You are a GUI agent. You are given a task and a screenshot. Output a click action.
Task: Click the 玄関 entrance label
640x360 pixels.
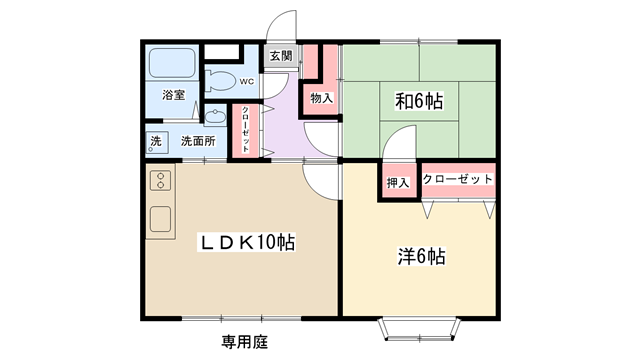tap(281, 56)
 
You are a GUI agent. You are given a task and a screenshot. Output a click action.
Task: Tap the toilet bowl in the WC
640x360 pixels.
tap(220, 80)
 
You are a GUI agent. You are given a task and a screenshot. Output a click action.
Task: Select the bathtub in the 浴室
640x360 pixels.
tap(172, 63)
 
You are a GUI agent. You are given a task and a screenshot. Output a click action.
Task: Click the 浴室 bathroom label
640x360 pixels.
tap(173, 95)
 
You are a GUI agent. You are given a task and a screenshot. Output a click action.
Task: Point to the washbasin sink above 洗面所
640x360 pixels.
tap(215, 116)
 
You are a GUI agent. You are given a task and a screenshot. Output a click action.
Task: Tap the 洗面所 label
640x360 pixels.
tap(198, 141)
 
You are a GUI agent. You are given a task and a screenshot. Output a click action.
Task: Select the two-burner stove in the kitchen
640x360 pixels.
tap(160, 181)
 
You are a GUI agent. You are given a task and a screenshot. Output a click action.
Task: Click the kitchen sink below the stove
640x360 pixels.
tap(160, 219)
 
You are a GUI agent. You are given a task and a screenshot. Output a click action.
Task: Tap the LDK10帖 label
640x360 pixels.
tap(246, 242)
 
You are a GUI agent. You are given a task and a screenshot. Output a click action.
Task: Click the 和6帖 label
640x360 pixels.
tap(419, 101)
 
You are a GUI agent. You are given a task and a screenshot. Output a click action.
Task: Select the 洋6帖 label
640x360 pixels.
tap(421, 256)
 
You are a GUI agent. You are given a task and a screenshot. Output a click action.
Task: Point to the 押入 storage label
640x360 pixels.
tap(398, 182)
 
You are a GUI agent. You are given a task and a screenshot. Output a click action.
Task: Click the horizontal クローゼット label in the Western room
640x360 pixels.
tap(458, 179)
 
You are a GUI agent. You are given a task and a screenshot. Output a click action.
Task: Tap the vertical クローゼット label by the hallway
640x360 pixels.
tap(245, 129)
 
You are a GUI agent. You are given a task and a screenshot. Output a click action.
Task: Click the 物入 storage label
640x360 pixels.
tap(322, 98)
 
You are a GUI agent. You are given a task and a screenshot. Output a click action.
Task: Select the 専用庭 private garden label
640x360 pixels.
tap(245, 342)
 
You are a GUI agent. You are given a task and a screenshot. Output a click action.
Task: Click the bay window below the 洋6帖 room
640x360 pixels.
tap(420, 329)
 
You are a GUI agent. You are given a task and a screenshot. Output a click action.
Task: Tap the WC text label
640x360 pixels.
tap(247, 82)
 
